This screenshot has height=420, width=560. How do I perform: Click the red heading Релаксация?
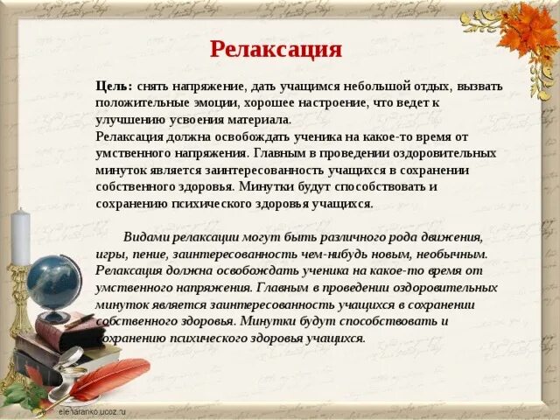(276, 49)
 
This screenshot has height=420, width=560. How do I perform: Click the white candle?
(20, 236)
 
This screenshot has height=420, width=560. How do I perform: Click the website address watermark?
(91, 410)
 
